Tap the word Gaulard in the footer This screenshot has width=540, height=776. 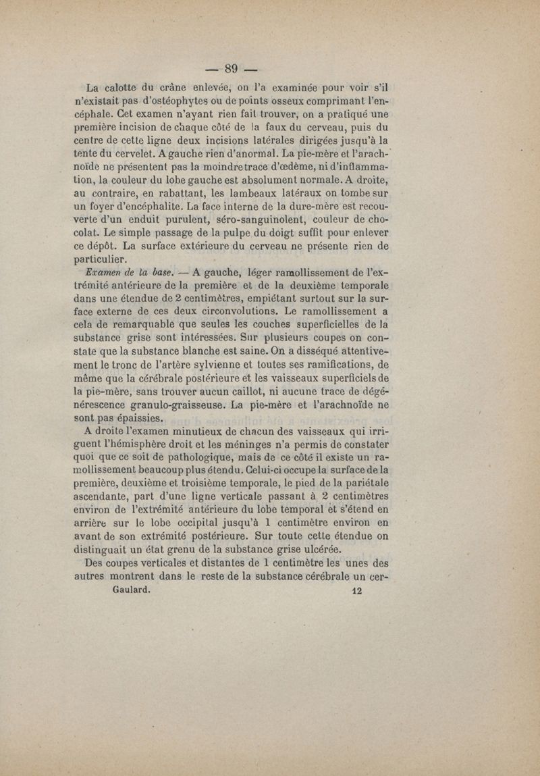130,588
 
